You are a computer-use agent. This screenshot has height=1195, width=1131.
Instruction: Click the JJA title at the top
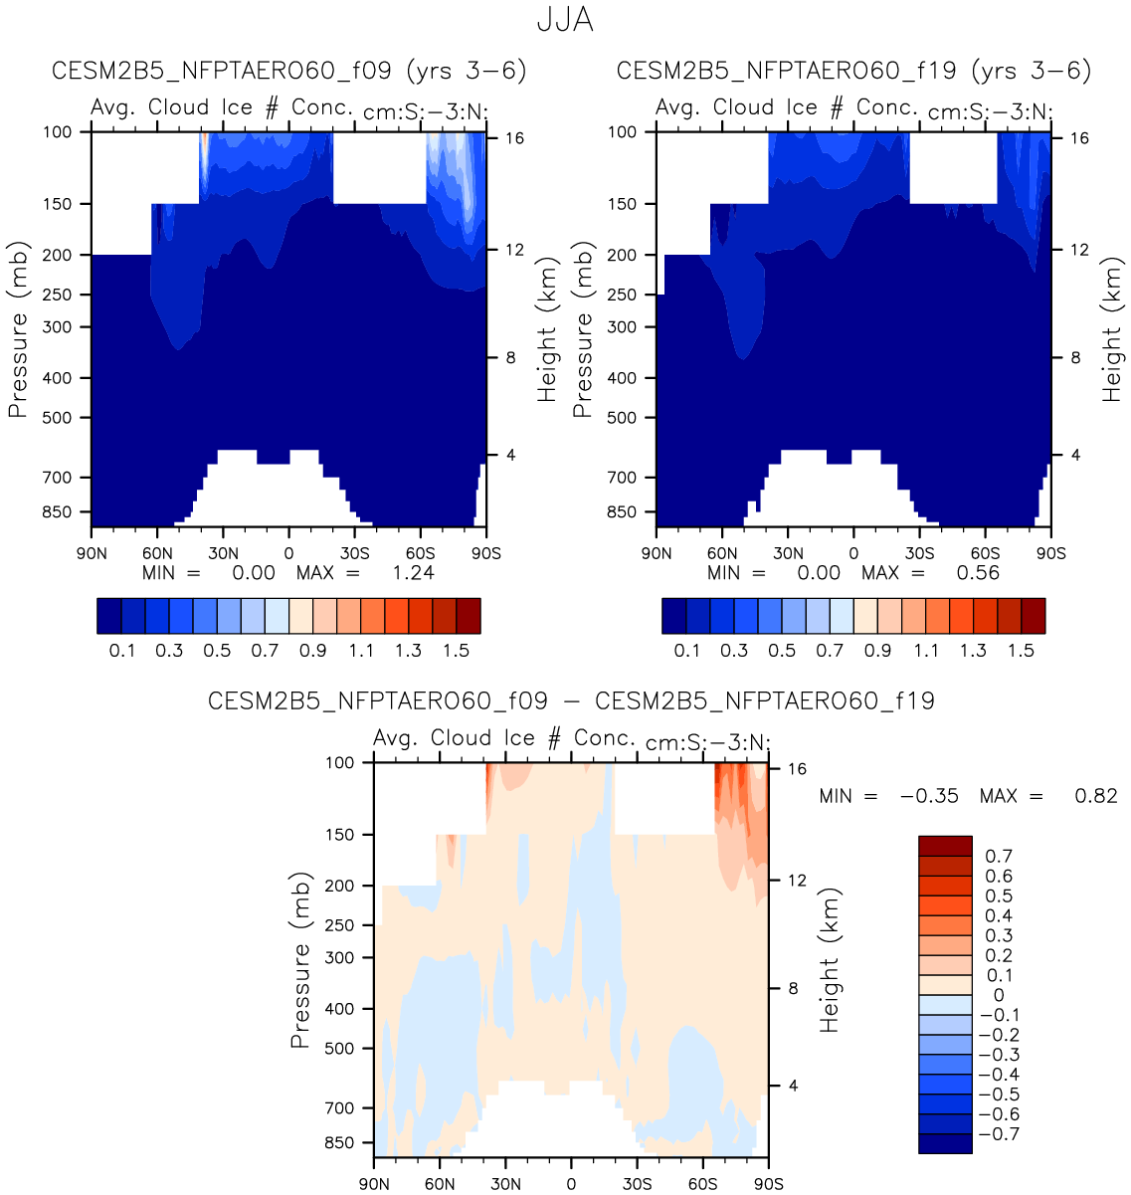pos(565,21)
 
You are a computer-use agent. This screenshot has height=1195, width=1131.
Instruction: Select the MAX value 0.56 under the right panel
pos(978,573)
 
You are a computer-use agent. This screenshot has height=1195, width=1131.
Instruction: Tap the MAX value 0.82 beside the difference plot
pos(1096,796)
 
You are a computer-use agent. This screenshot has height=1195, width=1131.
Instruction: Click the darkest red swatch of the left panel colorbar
pos(469,616)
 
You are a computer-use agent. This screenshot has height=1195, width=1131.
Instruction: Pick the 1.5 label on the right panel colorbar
pos(1021,651)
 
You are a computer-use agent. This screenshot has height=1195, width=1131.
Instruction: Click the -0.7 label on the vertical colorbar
pos(999,1134)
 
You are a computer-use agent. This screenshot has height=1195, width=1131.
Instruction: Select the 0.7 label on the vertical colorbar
pos(999,856)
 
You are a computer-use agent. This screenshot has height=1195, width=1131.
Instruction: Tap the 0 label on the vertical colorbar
pos(999,995)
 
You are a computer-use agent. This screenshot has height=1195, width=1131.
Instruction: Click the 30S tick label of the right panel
pos(919,553)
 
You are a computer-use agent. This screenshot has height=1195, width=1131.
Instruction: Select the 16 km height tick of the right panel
pos(1079,138)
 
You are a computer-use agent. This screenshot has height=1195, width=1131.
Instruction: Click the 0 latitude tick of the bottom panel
pos(571,1184)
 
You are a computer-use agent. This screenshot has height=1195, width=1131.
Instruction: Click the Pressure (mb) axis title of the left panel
pos(18,329)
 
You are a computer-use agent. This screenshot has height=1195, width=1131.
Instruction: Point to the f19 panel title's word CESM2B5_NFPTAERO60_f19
pos(786,71)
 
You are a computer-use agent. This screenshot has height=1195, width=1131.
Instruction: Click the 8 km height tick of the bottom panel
pos(793,989)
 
